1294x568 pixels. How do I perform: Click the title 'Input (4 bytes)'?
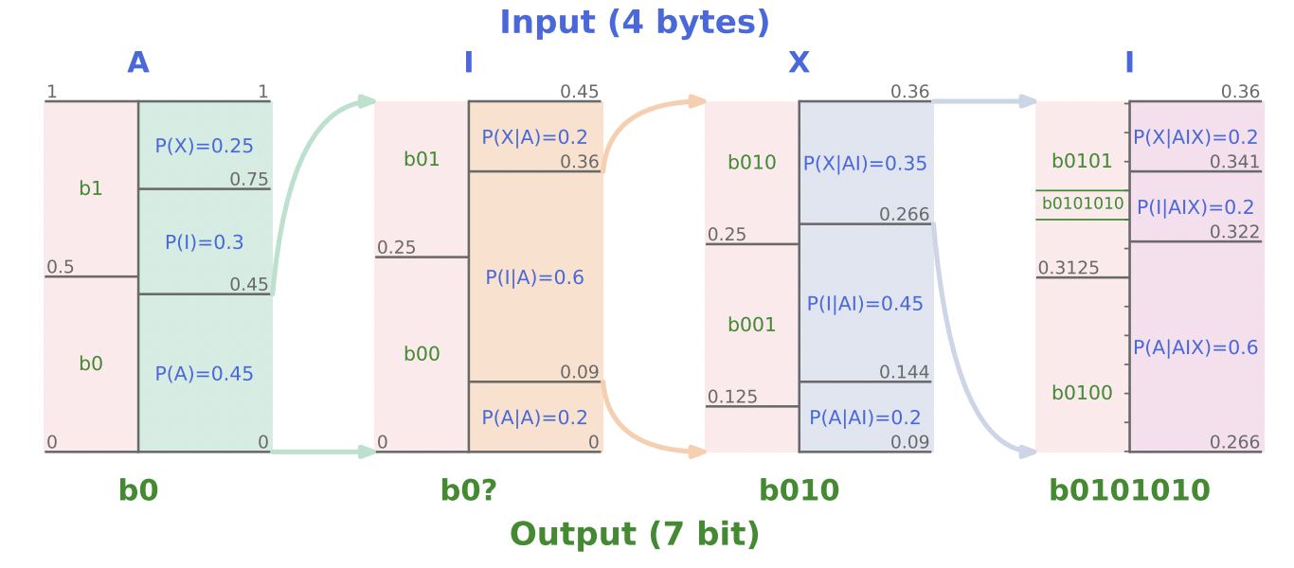coord(635,23)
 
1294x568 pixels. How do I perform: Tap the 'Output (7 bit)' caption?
coord(635,535)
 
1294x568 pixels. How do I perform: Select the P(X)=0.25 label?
coord(204,146)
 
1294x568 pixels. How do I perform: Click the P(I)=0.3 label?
coord(204,242)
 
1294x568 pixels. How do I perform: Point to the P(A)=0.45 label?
coord(204,374)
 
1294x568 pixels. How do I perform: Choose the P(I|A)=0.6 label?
coord(534,277)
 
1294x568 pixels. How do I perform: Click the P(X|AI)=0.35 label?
coord(865,164)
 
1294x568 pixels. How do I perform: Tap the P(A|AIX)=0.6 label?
coord(1195,347)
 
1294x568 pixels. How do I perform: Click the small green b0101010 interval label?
coord(1083,204)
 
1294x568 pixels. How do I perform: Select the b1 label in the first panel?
coord(91,188)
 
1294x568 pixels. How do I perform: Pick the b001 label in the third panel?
coord(751,325)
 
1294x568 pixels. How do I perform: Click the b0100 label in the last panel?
coord(1082,393)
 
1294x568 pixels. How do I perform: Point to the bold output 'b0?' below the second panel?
coord(469,490)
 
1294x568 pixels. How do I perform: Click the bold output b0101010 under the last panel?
coord(1129,490)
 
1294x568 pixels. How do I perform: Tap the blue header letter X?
coord(799,62)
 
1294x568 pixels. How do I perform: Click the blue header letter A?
coord(138,62)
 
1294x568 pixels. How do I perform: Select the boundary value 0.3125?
coord(1069,268)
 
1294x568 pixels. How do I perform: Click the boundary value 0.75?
coord(249,180)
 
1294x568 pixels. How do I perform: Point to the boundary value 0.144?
coord(904,372)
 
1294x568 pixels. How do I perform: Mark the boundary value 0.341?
coord(1234,162)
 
